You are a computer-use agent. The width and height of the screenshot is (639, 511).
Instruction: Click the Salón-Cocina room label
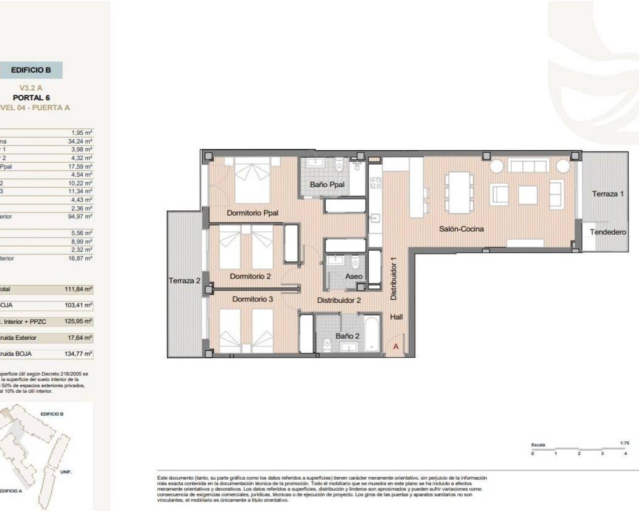pyautogui.click(x=461, y=229)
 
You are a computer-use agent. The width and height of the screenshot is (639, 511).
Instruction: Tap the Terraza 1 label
pyautogui.click(x=608, y=194)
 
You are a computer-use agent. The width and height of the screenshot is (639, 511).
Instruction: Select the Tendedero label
pyautogui.click(x=608, y=232)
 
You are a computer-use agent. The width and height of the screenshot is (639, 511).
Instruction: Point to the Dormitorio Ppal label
pyautogui.click(x=252, y=213)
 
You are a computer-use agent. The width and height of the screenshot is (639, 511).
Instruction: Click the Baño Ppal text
pyautogui.click(x=327, y=185)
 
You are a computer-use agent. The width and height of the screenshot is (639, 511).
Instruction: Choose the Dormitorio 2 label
pyautogui.click(x=250, y=276)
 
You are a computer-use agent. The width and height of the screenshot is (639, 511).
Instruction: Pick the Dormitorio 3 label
pyautogui.click(x=253, y=299)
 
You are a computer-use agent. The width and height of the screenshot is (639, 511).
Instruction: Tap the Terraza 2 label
pyautogui.click(x=184, y=281)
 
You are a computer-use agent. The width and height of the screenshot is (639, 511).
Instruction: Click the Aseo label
pyautogui.click(x=353, y=276)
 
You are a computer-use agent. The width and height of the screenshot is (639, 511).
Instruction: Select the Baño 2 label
pyautogui.click(x=347, y=336)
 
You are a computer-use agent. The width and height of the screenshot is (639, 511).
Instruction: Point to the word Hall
pyautogui.click(x=396, y=317)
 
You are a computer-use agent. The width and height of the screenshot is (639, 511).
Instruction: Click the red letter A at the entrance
pyautogui.click(x=396, y=346)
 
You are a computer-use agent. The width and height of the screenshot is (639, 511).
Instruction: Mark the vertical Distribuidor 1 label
pyautogui.click(x=393, y=278)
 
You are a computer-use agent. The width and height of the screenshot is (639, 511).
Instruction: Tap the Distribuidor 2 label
pyautogui.click(x=339, y=300)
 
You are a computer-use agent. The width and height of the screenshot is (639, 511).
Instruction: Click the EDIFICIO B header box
pyautogui.click(x=31, y=70)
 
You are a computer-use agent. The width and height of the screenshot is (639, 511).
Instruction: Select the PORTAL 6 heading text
pyautogui.click(x=31, y=98)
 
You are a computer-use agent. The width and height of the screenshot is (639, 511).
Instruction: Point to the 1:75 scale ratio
pyautogui.click(x=624, y=443)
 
